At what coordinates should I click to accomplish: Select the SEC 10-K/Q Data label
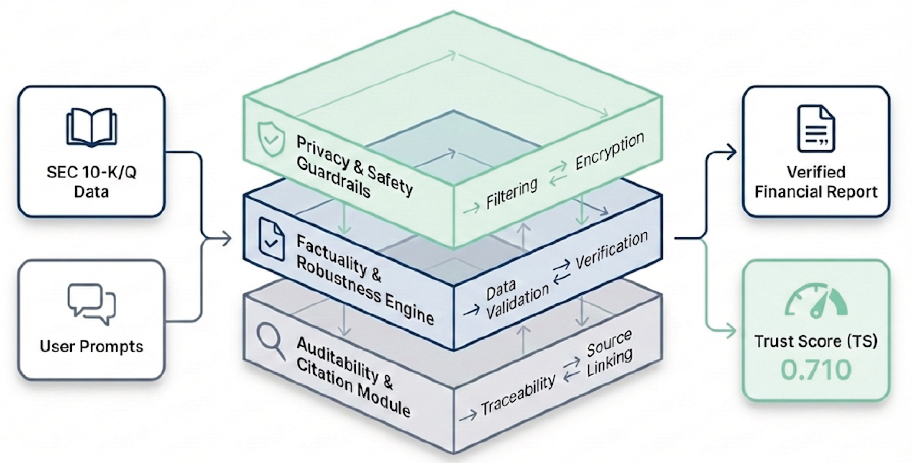91,182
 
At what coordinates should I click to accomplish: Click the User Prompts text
91,346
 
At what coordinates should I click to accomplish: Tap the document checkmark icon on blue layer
271,239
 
